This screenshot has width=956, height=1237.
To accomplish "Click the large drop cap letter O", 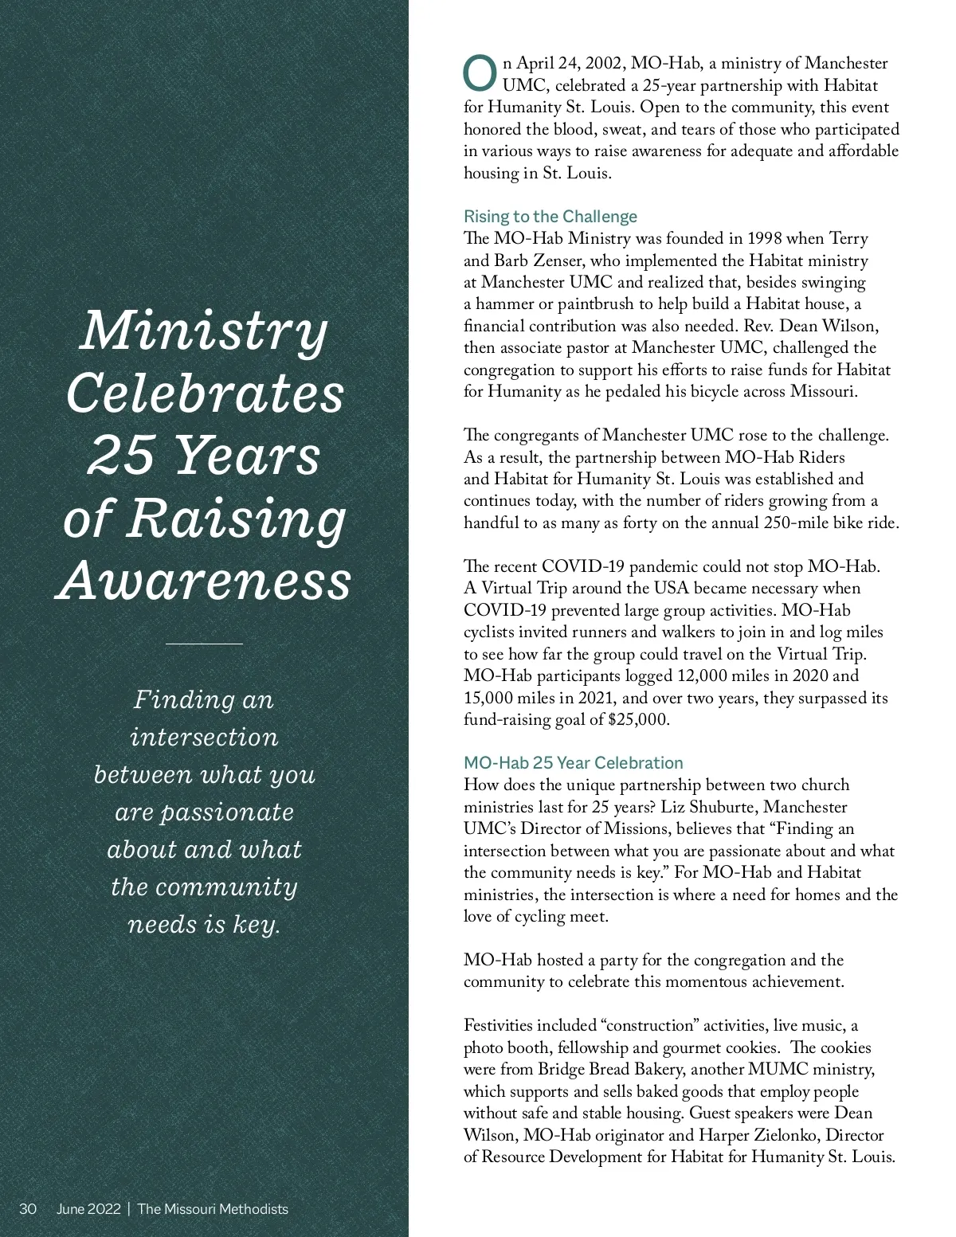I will tap(480, 73).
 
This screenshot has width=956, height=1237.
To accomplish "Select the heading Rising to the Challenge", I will tap(550, 217).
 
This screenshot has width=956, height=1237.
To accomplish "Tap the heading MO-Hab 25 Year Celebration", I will tap(573, 763).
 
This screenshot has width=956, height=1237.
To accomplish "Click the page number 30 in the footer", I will tap(28, 1209).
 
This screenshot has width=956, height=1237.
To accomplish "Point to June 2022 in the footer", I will tap(88, 1209).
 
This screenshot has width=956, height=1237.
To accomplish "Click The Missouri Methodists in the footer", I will tap(213, 1209).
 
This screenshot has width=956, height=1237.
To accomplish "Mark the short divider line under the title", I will tap(204, 643).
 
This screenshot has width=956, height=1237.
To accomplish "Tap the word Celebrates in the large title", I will tap(205, 393).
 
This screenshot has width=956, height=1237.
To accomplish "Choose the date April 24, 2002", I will tap(570, 64).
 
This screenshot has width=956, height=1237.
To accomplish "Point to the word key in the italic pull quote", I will tap(254, 925).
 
